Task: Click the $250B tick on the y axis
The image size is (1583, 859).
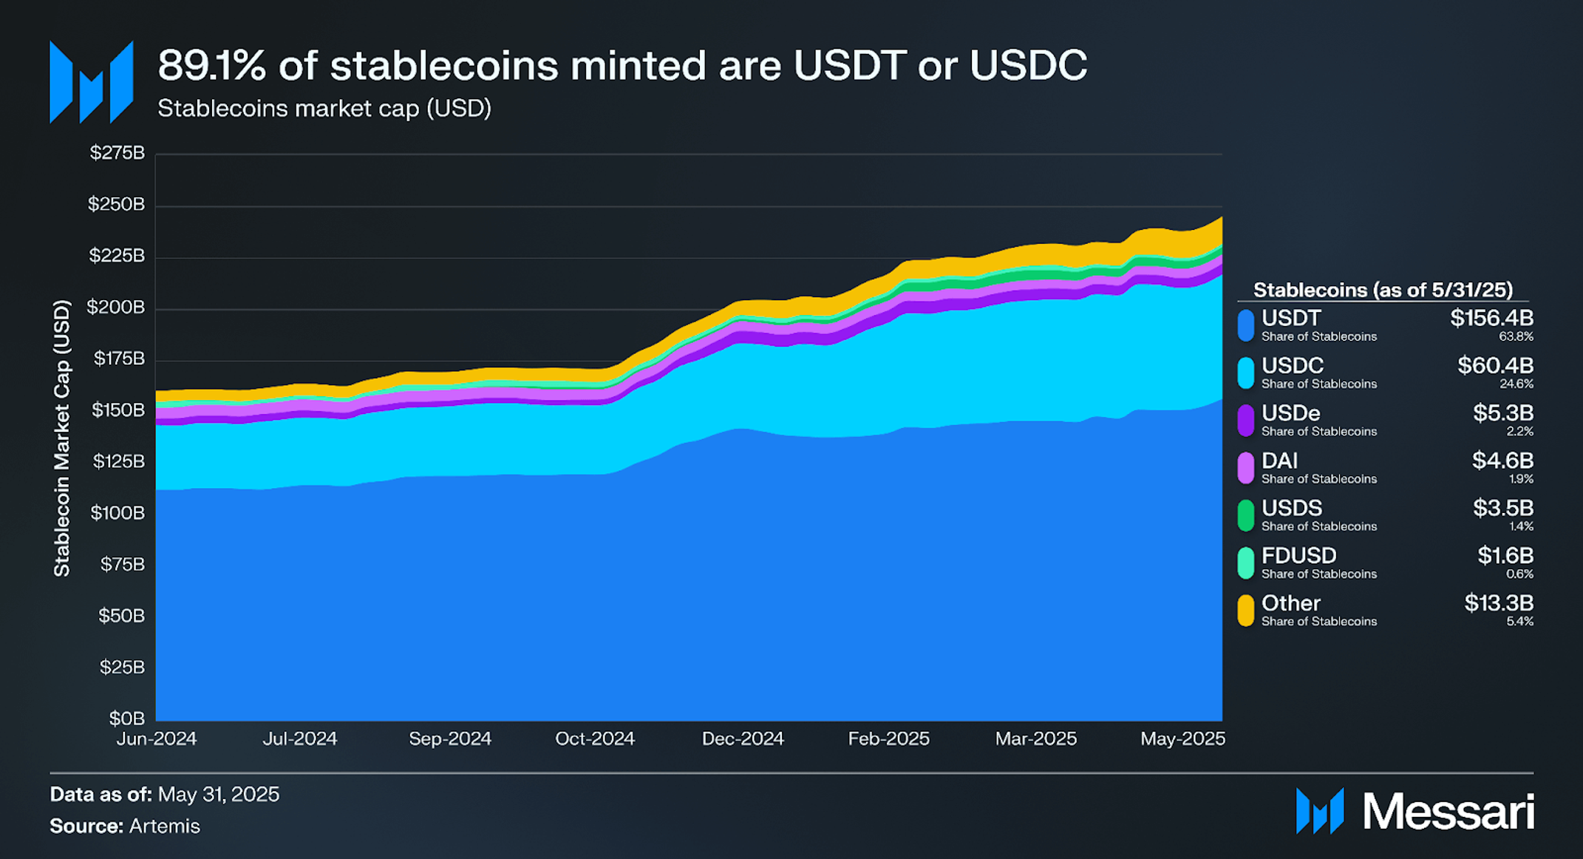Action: [x=116, y=204]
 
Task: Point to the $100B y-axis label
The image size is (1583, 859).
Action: [x=117, y=513]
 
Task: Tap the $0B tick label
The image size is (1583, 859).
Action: [x=126, y=719]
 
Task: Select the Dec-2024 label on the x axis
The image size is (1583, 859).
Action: [x=743, y=739]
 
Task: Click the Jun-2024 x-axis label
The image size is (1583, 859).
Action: [x=157, y=739]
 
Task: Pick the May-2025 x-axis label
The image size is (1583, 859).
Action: [x=1182, y=739]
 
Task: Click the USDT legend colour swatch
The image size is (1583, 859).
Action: [x=1246, y=326]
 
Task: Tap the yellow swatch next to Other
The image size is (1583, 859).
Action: [x=1246, y=611]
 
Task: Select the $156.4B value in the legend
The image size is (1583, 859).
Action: [x=1491, y=319]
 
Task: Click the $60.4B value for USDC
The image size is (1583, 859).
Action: [x=1495, y=366]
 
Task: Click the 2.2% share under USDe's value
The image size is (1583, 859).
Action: [x=1519, y=432]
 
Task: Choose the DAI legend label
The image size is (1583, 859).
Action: [x=1279, y=461]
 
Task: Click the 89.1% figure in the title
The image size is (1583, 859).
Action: [x=211, y=66]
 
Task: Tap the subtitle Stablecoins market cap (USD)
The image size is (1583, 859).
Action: [x=324, y=109]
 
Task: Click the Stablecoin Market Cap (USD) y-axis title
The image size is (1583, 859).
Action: [x=62, y=438]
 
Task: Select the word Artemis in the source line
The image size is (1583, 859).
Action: [x=164, y=826]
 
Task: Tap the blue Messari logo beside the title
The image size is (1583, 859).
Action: [x=92, y=82]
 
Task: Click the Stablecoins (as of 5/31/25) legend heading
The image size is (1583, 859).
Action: [x=1383, y=290]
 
